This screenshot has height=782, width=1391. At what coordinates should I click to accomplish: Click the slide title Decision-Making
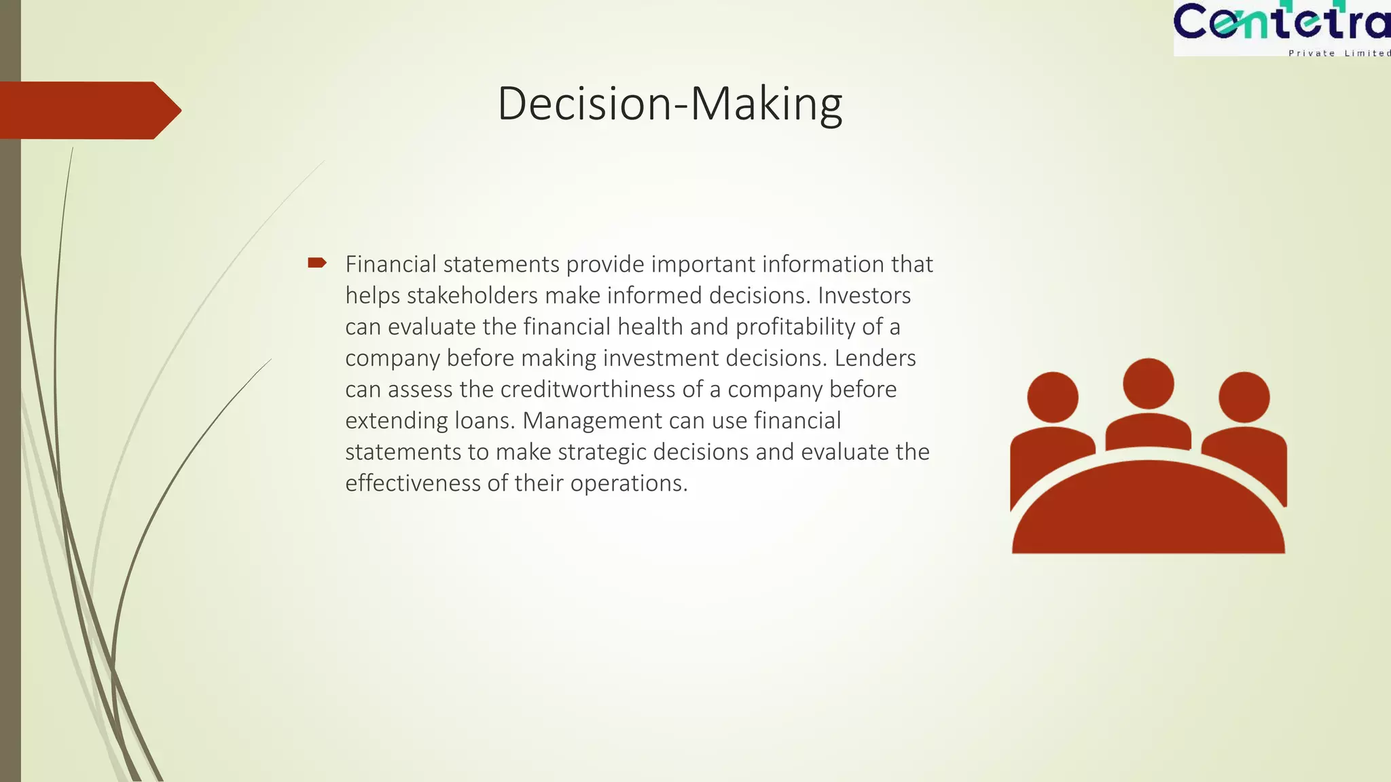click(x=670, y=104)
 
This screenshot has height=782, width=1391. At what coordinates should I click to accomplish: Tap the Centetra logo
click(x=1281, y=23)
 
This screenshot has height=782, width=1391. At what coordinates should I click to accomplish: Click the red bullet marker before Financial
click(x=317, y=263)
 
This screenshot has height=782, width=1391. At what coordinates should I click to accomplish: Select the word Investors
click(x=864, y=295)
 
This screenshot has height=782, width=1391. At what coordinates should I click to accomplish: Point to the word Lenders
click(x=875, y=358)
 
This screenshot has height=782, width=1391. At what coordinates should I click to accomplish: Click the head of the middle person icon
click(x=1148, y=384)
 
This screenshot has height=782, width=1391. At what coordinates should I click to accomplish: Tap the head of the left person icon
click(x=1052, y=397)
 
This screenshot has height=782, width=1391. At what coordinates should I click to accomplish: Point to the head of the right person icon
click(x=1244, y=397)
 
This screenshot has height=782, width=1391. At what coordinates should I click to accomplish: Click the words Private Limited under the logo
click(x=1338, y=53)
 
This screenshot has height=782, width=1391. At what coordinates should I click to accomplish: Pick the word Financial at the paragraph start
click(x=391, y=264)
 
